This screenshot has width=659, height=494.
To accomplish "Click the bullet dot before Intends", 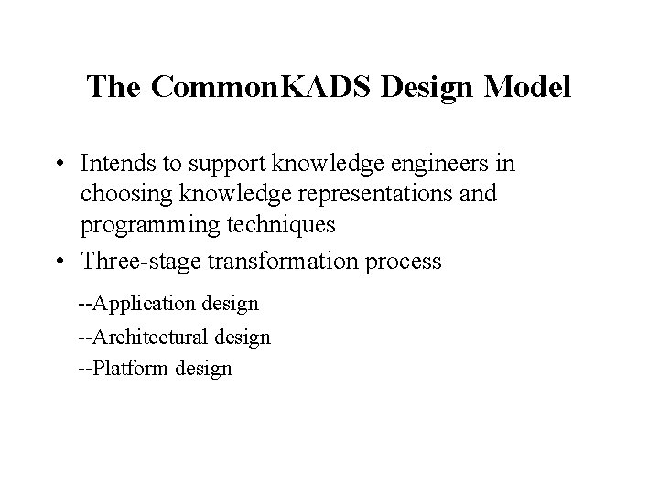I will (57, 165).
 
